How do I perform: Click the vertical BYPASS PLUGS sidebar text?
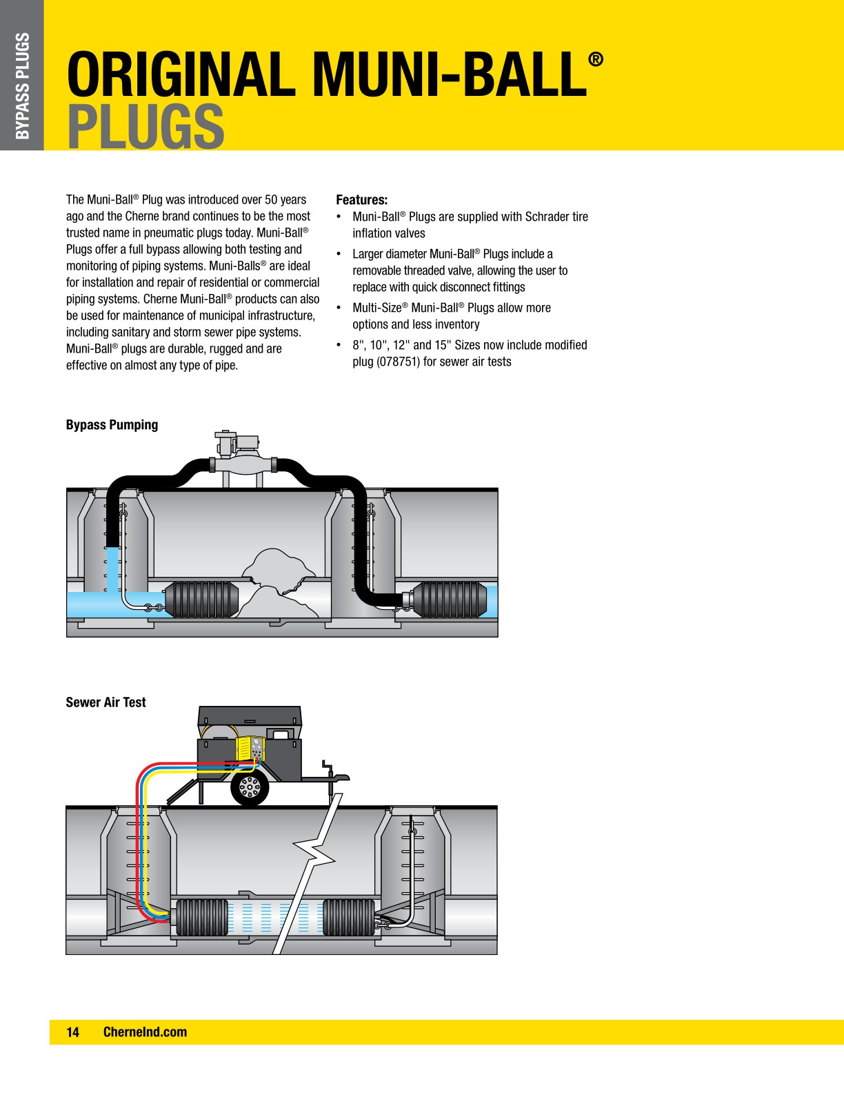click(22, 86)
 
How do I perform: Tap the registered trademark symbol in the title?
click(596, 59)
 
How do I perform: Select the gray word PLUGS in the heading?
click(145, 126)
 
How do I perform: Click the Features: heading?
click(361, 200)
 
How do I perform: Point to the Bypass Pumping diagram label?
click(112, 425)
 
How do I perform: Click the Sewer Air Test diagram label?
click(105, 702)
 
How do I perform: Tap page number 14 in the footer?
click(72, 1032)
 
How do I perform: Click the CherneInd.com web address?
click(145, 1032)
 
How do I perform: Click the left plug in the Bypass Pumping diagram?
click(201, 599)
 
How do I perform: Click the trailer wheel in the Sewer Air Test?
click(249, 786)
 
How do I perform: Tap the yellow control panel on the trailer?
click(250, 749)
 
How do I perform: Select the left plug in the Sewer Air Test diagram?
click(202, 917)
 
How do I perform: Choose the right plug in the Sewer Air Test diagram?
click(349, 917)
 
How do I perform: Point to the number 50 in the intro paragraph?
click(272, 200)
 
